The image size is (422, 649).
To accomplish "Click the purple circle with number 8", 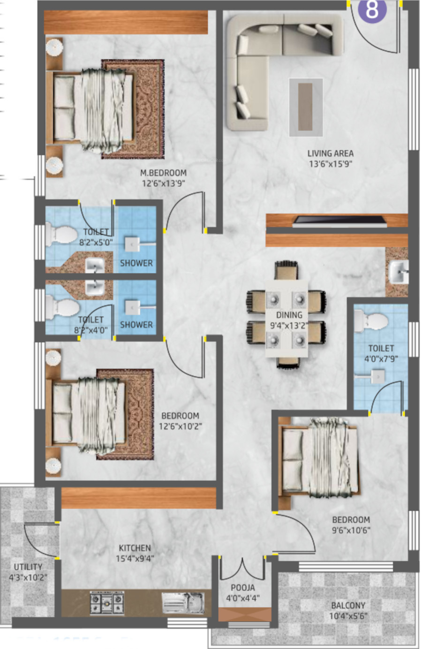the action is [372, 10].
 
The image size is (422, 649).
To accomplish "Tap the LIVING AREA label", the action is [330, 153].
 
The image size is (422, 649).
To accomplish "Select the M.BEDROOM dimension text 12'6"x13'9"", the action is [164, 183].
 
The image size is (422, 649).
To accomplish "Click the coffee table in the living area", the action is [306, 107].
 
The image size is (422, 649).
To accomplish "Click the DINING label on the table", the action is [289, 315].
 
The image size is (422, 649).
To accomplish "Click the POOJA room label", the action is [243, 588].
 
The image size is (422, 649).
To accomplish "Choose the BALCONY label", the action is [348, 605].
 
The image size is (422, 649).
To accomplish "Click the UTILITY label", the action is [28, 567].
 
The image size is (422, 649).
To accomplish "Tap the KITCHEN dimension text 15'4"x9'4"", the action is [135, 558].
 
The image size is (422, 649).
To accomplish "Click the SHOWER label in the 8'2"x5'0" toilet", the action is [136, 263].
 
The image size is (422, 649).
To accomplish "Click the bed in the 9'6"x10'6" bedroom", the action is [319, 458].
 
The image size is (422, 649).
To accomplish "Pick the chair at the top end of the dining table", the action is [286, 271].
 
